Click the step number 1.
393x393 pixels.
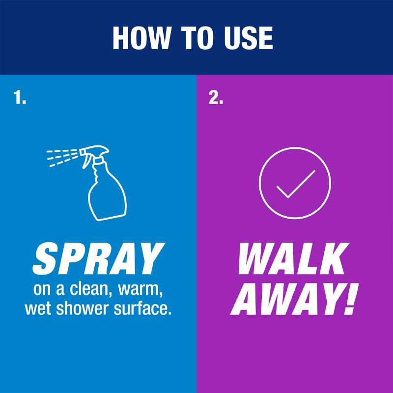tap(19, 98)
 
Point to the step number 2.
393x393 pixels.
tap(216, 98)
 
